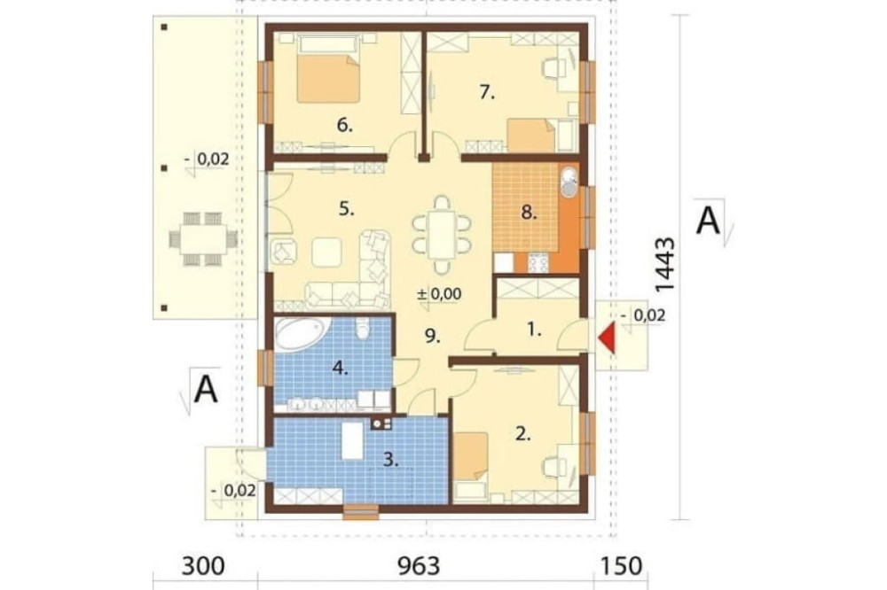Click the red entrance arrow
point(607,338)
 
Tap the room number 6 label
point(344,125)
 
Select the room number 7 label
point(487,92)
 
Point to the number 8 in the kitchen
point(529,213)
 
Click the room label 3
point(391,459)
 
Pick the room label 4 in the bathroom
point(340,369)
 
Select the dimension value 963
point(419,566)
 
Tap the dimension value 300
point(202,566)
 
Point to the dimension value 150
point(621,566)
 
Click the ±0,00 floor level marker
point(439,294)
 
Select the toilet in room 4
point(363,327)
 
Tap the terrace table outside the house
point(202,239)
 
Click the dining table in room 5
point(441,235)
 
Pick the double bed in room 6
point(327,69)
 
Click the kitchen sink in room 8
point(569,182)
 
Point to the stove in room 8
point(538,262)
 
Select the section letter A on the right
point(708,221)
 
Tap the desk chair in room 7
point(552,68)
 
